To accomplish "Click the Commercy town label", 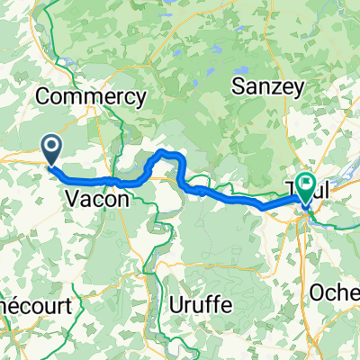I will coord(91,96).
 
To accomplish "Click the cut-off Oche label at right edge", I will coord(335,293).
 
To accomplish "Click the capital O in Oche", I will coord(317,293).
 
